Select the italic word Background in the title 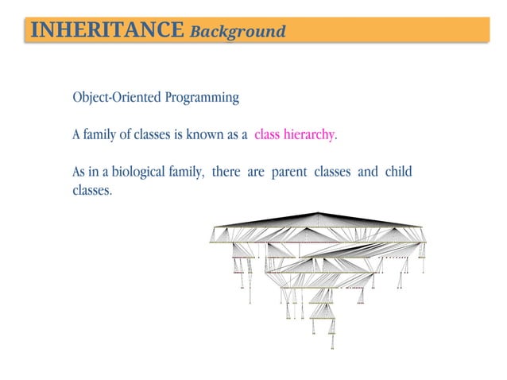tap(237, 32)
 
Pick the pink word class tap(269, 135)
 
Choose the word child tap(399, 173)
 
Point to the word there tap(226, 173)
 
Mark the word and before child tap(368, 173)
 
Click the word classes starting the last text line tap(91, 191)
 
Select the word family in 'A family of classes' tap(99, 135)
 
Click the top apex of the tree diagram tap(318, 213)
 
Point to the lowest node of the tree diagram tap(332, 347)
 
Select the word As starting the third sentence tap(79, 173)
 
